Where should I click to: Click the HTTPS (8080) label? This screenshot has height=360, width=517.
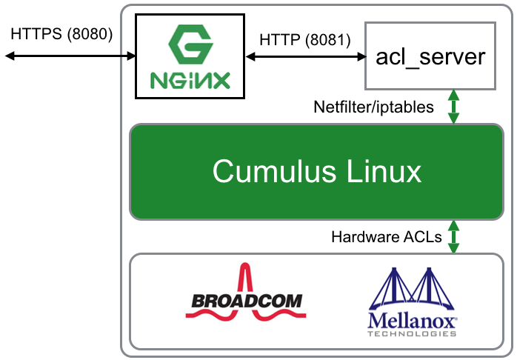pyautogui.click(x=61, y=34)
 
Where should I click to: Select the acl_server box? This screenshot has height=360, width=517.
pyautogui.click(x=430, y=56)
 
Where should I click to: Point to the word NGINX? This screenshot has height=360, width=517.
pyautogui.click(x=189, y=79)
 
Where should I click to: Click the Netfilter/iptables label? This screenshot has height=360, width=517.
pyautogui.click(x=374, y=107)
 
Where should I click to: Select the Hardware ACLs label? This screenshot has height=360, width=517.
pyautogui.click(x=387, y=238)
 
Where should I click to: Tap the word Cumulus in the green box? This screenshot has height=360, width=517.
pyautogui.click(x=272, y=171)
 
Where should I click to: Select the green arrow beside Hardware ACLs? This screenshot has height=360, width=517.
pyautogui.click(x=453, y=237)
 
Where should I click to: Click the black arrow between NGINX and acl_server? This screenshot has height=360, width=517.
pyautogui.click(x=307, y=56)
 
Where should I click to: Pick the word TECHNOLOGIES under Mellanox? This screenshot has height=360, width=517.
pyautogui.click(x=413, y=333)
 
